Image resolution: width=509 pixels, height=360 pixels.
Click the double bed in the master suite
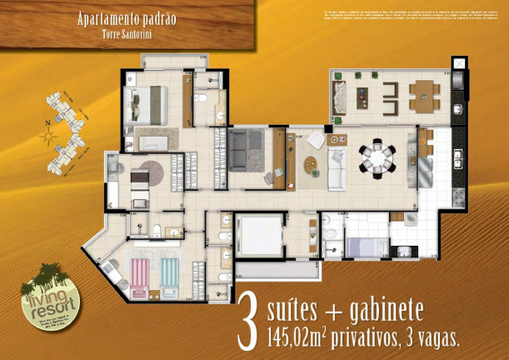pyautogui.click(x=145, y=103)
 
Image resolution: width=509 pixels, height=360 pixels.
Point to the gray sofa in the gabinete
pyautogui.click(x=244, y=149)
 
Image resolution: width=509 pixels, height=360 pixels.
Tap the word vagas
pyautogui.click(x=434, y=337)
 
